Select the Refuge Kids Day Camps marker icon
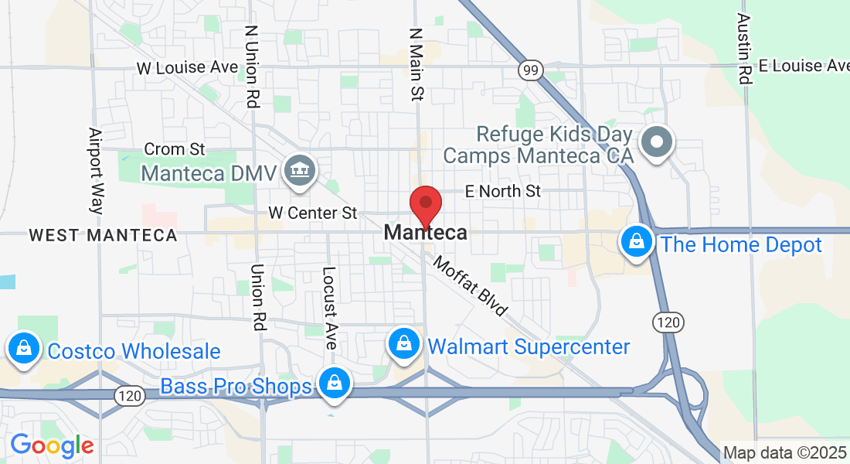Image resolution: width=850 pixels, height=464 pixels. (658, 142)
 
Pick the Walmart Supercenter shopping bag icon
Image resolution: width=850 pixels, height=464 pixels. (403, 343)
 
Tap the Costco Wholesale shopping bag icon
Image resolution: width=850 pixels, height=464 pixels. (24, 349)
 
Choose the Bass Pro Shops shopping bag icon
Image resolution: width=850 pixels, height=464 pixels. (335, 383)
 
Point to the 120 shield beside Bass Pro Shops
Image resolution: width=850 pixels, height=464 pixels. (128, 396)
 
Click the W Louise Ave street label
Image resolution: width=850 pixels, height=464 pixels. (187, 68)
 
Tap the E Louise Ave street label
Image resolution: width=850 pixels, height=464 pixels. (804, 66)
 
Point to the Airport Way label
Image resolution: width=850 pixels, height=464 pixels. (95, 170)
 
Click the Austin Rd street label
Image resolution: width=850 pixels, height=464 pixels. (744, 48)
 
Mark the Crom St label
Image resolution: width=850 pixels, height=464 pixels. (175, 148)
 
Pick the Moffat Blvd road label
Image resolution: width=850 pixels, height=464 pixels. (471, 286)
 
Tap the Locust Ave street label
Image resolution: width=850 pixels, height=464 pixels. (330, 308)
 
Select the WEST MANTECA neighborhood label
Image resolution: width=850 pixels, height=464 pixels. (103, 235)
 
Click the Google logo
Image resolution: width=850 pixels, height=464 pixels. (51, 446)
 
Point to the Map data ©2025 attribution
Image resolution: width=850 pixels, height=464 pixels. (784, 453)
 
